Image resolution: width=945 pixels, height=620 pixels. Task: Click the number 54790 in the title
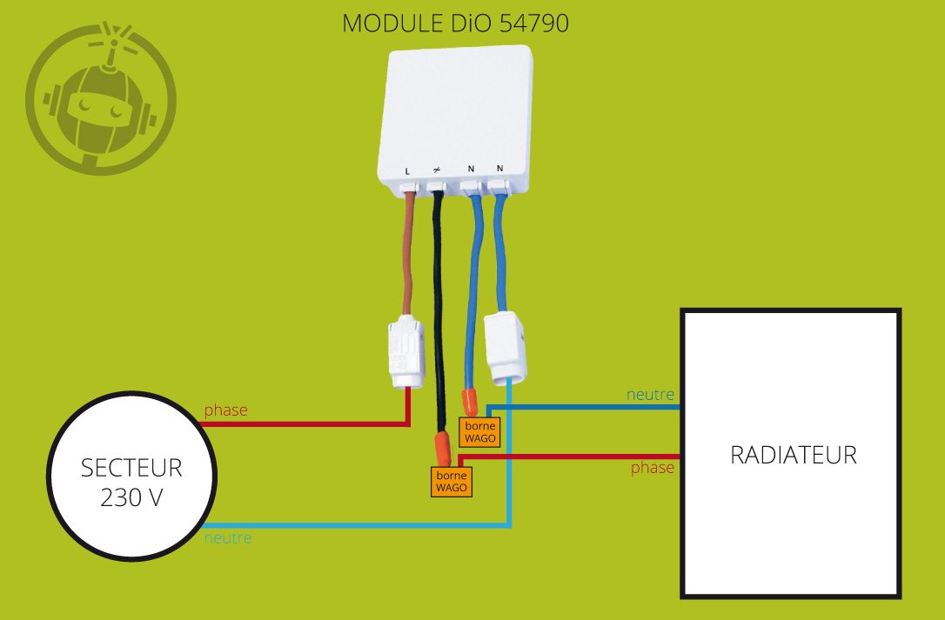pos(534,23)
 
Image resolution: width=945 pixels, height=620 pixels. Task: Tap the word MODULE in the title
pos(385,23)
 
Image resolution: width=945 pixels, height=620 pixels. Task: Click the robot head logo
pos(101,99)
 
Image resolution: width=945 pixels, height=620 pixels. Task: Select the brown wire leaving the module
pos(406,252)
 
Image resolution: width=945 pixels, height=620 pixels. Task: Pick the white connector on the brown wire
pos(405,352)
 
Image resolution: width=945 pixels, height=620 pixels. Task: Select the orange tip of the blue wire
pos(470,401)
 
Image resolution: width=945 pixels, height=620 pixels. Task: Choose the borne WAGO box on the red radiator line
pos(452,482)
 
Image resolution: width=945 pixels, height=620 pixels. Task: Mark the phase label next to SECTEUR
pos(226,410)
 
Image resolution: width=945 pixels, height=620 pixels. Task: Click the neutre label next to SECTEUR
pos(228,538)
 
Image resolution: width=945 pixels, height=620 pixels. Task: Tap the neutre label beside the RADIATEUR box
pos(650,395)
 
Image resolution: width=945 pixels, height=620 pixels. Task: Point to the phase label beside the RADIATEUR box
pos(653,468)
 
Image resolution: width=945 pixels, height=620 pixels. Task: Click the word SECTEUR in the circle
pos(131,468)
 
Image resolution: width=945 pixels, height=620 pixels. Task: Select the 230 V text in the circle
pos(131,499)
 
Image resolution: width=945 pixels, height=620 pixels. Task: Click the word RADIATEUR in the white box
pos(793,455)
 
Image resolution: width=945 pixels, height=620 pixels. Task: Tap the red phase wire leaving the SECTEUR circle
pos(305,424)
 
